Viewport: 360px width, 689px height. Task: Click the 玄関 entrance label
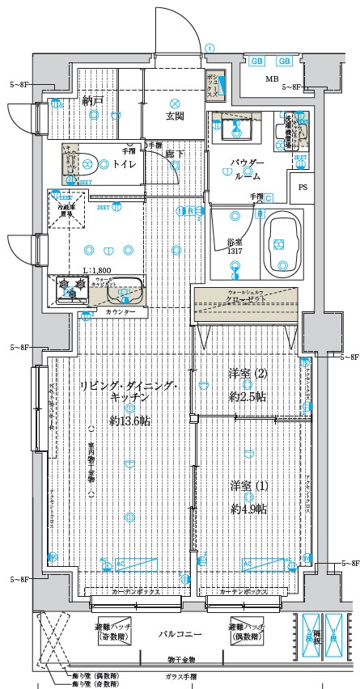(x=175, y=116)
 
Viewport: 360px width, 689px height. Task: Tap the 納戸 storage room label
(x=92, y=101)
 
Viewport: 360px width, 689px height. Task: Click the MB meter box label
(x=272, y=78)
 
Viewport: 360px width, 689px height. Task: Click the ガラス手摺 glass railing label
(x=179, y=676)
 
